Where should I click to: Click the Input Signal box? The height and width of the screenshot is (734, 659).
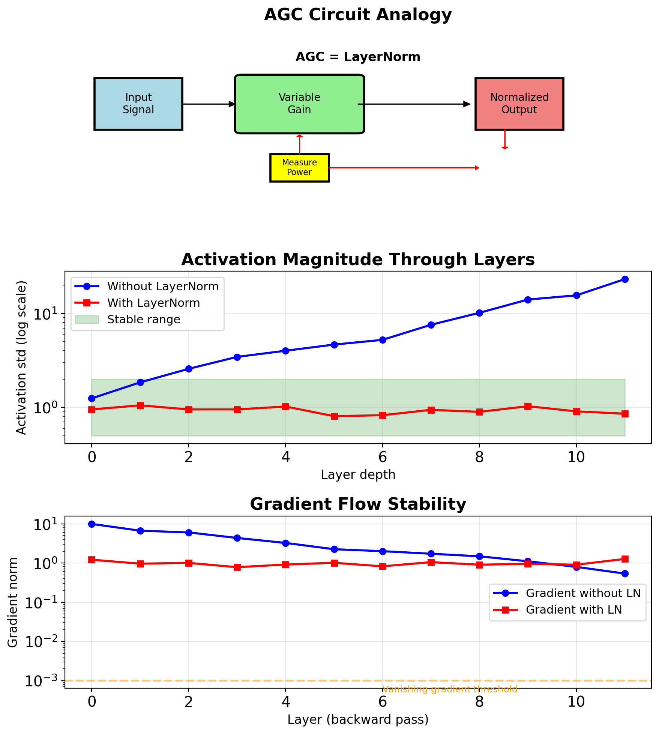(x=138, y=104)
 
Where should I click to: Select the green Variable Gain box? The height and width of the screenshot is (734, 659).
(x=299, y=104)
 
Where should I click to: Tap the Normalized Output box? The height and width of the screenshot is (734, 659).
(x=519, y=104)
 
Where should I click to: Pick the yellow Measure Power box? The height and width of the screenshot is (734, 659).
(x=299, y=168)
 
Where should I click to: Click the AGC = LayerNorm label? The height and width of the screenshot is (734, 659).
(x=358, y=57)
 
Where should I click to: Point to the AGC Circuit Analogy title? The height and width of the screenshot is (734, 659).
(x=358, y=15)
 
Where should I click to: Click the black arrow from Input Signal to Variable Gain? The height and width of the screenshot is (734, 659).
(x=209, y=104)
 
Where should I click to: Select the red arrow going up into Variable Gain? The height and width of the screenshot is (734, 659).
(x=299, y=144)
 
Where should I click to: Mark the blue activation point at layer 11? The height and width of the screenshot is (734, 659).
(x=625, y=279)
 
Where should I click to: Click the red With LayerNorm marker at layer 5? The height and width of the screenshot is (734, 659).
(x=334, y=416)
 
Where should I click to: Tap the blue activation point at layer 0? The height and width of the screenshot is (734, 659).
(x=92, y=398)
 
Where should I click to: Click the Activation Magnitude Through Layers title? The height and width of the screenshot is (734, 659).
(x=358, y=260)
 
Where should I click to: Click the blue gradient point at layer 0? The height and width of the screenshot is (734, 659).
(x=92, y=524)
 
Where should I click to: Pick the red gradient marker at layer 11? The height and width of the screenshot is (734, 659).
(x=625, y=559)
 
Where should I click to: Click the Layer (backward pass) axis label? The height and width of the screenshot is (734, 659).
(x=358, y=719)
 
